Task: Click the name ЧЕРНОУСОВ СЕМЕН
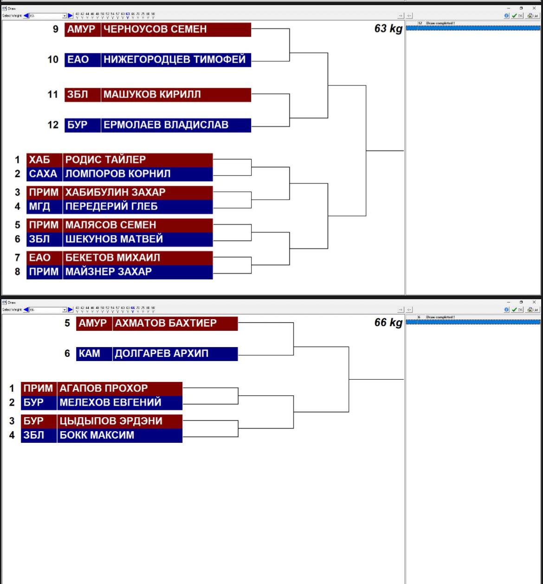(x=155, y=29)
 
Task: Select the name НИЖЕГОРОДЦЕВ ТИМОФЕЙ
(x=175, y=59)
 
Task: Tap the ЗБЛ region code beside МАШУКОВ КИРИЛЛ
(x=78, y=95)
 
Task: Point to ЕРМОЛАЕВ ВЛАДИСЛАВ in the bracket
(x=166, y=125)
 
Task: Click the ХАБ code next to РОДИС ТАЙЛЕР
(x=39, y=160)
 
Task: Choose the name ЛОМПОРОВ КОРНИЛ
(x=118, y=174)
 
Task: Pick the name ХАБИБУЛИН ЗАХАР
(x=115, y=192)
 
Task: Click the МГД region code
(x=39, y=206)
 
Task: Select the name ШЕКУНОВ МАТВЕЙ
(x=114, y=239)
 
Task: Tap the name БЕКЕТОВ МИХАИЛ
(x=112, y=257)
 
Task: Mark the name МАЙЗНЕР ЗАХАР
(x=109, y=272)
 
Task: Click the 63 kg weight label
(x=388, y=29)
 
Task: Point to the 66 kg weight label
(x=388, y=322)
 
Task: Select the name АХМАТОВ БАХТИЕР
(x=166, y=323)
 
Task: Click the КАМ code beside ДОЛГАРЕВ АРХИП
(x=89, y=354)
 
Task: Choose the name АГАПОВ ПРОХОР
(x=103, y=388)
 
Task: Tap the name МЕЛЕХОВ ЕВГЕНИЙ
(x=110, y=402)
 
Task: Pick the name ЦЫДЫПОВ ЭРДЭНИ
(x=111, y=421)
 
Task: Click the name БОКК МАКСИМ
(x=97, y=435)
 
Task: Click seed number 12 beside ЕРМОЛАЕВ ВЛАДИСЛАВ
(x=53, y=125)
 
